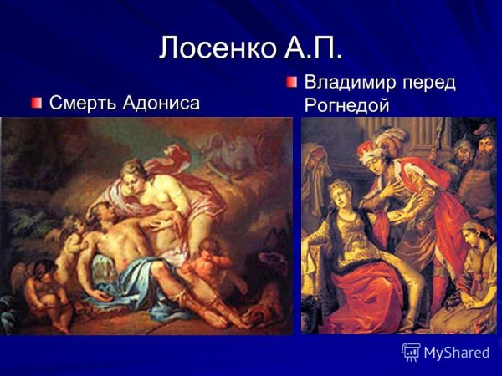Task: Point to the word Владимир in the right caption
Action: [x=356, y=84]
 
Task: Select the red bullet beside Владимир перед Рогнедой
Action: [x=291, y=83]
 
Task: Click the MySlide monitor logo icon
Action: [x=411, y=352]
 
